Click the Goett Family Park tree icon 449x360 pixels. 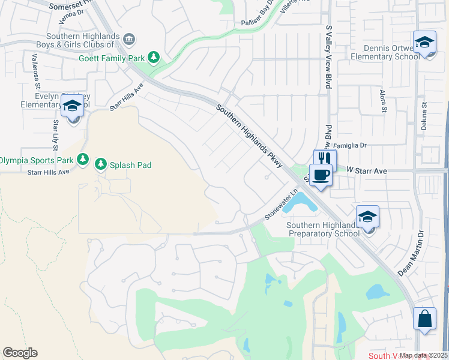click(x=154, y=58)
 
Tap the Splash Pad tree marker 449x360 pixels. click(x=101, y=164)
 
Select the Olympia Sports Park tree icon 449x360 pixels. click(x=83, y=160)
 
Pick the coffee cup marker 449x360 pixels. click(x=321, y=175)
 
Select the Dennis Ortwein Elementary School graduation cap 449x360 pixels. click(x=424, y=43)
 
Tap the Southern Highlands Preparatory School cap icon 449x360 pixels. click(x=367, y=216)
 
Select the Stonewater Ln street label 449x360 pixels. click(x=282, y=205)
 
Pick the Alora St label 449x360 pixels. click(x=382, y=101)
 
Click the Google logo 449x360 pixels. click(x=20, y=352)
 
